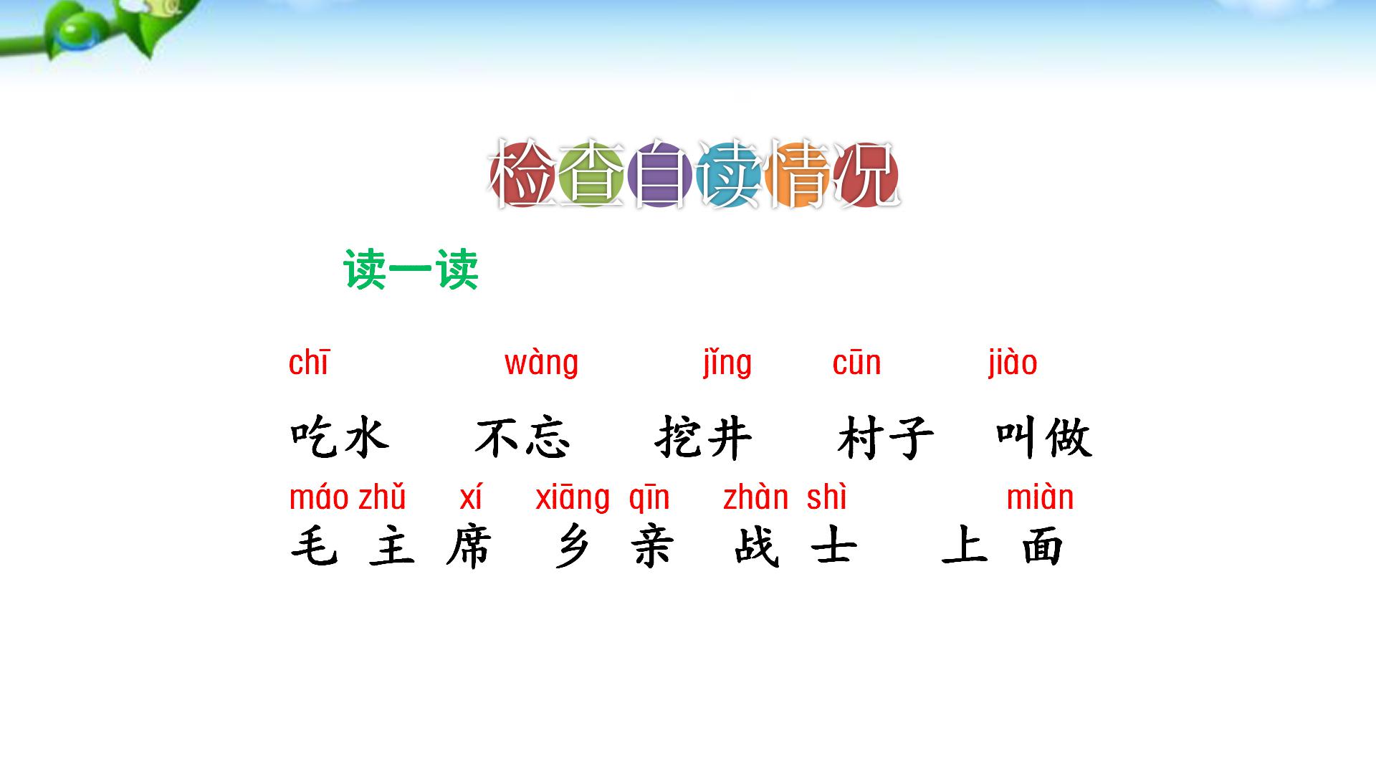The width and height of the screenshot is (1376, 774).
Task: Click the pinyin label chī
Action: [308, 363]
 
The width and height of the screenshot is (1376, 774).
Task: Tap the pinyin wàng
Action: [541, 363]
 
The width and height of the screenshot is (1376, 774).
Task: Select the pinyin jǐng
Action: [727, 363]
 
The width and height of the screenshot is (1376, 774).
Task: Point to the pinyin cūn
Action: [856, 363]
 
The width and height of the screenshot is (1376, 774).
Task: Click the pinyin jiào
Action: [1012, 363]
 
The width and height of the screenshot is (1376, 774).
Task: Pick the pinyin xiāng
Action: [573, 498]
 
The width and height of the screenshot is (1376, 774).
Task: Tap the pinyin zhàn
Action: [755, 498]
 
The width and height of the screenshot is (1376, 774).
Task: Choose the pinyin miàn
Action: [1040, 498]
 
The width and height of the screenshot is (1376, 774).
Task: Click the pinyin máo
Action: [319, 498]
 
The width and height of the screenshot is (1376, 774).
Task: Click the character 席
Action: [469, 548]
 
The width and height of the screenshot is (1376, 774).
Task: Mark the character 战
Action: [756, 548]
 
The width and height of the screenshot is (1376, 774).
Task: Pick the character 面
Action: [1042, 548]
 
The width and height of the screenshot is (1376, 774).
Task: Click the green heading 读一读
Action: [411, 270]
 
